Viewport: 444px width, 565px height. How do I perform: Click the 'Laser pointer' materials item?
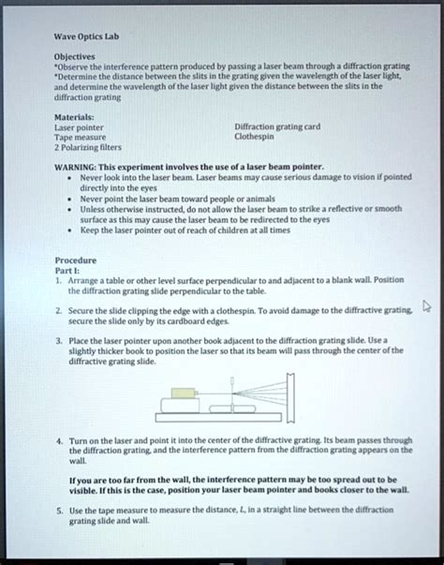tap(79, 127)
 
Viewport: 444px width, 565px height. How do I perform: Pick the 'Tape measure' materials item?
tap(79, 137)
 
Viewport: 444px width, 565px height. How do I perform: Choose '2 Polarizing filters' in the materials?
tap(87, 147)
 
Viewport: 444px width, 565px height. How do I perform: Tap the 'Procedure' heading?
tap(75, 260)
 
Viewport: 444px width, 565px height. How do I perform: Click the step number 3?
tap(58, 343)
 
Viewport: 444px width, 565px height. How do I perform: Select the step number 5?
tap(58, 510)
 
